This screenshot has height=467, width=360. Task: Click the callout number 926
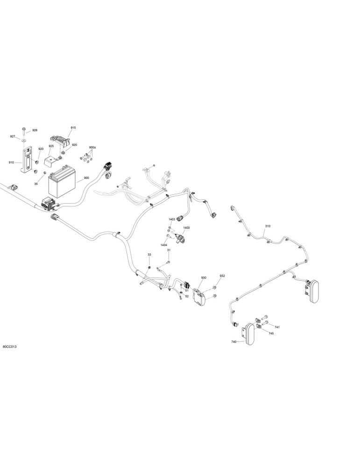tap(35, 130)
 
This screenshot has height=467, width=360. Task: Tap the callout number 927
tap(13, 136)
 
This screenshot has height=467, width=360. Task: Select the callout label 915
tap(73, 128)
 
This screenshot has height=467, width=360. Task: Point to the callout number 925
tap(51, 146)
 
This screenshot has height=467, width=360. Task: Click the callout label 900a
tap(92, 148)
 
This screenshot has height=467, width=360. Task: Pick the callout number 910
tap(11, 163)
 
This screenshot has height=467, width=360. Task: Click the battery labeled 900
tap(62, 182)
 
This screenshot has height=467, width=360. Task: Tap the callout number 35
tap(36, 184)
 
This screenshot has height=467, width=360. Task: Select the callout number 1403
tap(172, 219)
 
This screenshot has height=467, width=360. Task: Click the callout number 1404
tap(163, 245)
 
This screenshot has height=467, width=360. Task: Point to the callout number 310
tap(268, 226)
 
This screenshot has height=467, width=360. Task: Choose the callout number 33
tap(149, 255)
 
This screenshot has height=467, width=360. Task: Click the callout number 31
tap(169, 250)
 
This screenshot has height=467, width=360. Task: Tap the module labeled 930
tap(198, 297)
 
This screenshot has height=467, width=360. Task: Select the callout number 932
tap(222, 276)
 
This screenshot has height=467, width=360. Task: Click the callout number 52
tap(187, 297)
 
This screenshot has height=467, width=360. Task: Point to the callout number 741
tap(277, 327)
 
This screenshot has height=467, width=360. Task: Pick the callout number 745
tap(271, 333)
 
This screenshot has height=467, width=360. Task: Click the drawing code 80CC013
tap(9, 347)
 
